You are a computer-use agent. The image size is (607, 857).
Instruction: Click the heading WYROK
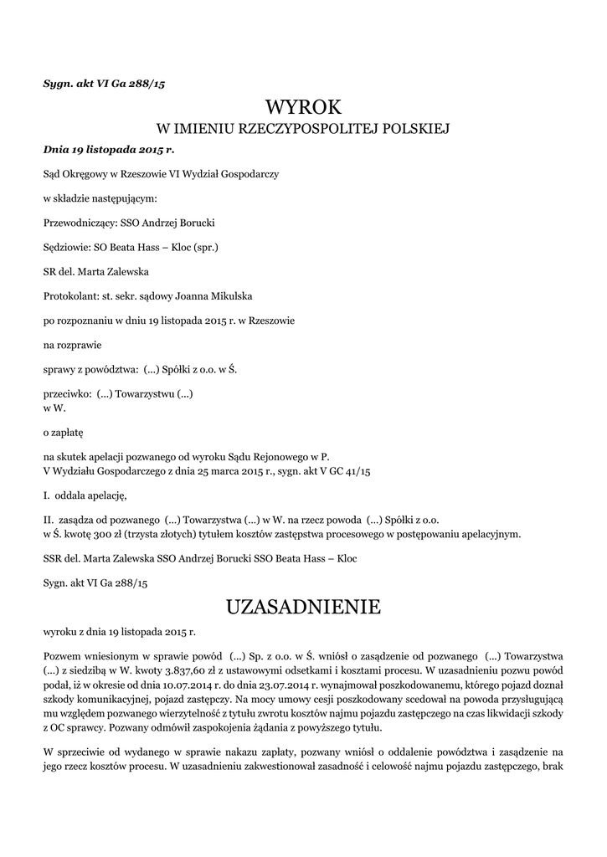click(303, 107)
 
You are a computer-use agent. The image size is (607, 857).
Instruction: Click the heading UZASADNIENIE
click(303, 606)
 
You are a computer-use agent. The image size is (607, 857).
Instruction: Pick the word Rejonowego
click(268, 457)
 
